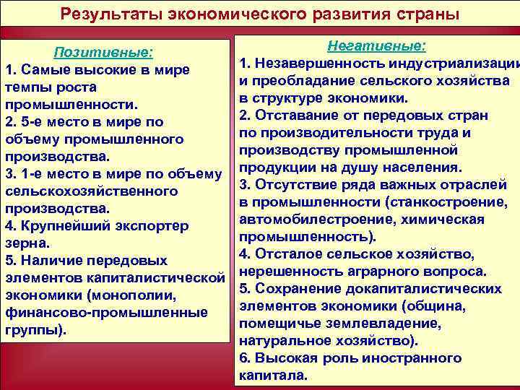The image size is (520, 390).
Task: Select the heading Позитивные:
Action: [104, 52]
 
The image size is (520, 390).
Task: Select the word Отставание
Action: [297, 116]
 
